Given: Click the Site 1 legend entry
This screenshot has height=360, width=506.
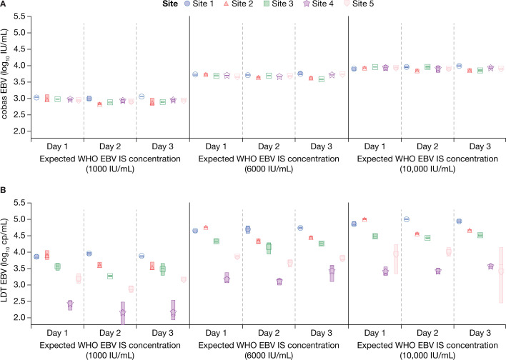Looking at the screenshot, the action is [x=199, y=4].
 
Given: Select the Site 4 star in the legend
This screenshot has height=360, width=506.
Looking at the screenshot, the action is [x=307, y=4].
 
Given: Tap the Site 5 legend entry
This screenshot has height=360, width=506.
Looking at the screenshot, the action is [x=359, y=4].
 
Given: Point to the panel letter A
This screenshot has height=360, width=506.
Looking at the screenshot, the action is [x=3, y=4].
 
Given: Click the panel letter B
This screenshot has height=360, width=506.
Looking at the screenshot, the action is [x=3, y=190].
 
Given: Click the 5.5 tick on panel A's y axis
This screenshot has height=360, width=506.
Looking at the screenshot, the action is [x=20, y=16].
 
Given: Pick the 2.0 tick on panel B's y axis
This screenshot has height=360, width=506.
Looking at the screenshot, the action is [x=20, y=318].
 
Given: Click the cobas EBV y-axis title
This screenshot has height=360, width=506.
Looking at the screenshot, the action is [x=4, y=74].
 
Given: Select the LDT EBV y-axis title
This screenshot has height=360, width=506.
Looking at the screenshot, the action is [x=4, y=260].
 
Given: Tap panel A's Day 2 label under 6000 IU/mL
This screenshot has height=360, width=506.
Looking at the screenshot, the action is [x=269, y=146].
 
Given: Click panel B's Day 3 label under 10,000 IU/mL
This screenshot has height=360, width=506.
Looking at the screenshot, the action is [x=480, y=333].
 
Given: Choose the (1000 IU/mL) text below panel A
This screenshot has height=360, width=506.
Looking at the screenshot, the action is [x=110, y=169].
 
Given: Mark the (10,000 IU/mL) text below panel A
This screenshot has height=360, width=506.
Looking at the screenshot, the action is [x=427, y=169].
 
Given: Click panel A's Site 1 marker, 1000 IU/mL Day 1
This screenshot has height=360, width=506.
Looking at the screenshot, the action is [x=36, y=97].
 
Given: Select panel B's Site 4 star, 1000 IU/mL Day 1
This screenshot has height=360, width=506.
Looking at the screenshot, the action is [x=70, y=304].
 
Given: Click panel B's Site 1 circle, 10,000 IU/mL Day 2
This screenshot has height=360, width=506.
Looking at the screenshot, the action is [x=407, y=219].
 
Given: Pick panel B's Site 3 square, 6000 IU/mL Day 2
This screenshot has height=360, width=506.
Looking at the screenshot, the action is [x=269, y=248].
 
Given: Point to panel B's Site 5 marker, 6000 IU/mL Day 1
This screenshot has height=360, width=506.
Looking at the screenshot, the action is [x=237, y=256].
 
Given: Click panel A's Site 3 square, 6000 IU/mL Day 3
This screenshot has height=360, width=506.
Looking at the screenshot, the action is [x=322, y=79].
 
